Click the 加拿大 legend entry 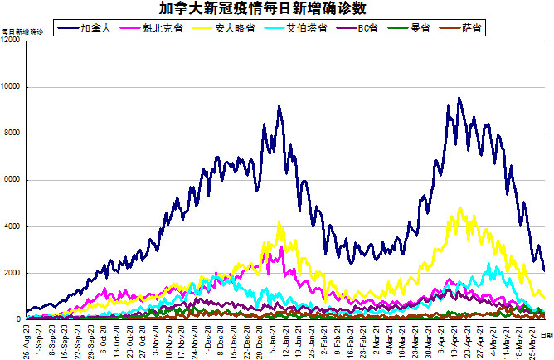[x=91, y=28]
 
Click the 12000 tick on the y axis [x=12, y=41]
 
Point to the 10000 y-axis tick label [x=12, y=87]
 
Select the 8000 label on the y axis [x=14, y=134]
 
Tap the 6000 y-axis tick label [x=14, y=180]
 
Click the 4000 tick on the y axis [x=14, y=226]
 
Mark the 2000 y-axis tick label [x=14, y=273]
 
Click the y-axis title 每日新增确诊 [x=17, y=31]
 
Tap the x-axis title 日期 [x=546, y=333]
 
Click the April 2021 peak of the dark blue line [x=459, y=98]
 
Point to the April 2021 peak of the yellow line [x=459, y=208]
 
